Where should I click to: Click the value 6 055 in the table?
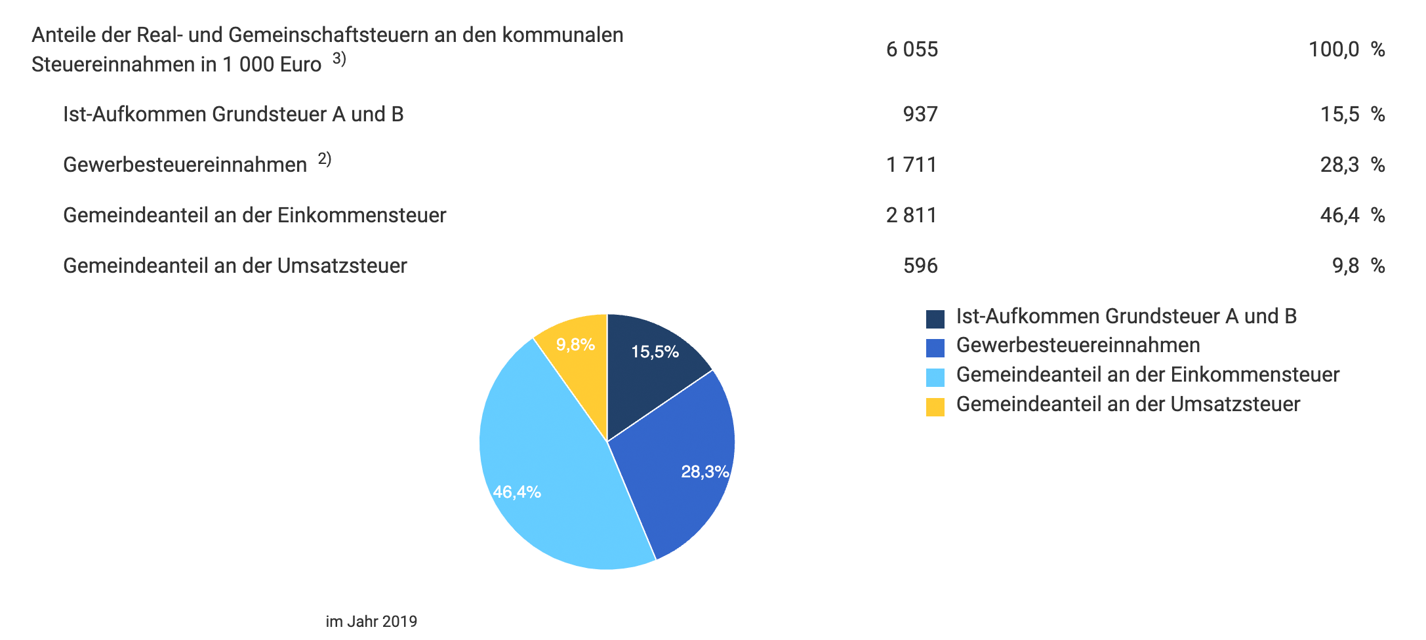pyautogui.click(x=912, y=50)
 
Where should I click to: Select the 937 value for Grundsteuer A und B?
pyautogui.click(x=920, y=114)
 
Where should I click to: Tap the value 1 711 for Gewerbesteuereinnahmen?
pyautogui.click(x=912, y=165)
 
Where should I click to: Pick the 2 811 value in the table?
pyautogui.click(x=912, y=215)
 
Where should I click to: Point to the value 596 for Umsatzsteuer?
pyautogui.click(x=920, y=266)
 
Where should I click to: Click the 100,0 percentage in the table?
pyautogui.click(x=1334, y=50)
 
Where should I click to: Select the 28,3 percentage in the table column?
pyautogui.click(x=1339, y=165)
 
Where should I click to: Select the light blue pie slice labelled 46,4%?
pyautogui.click(x=551, y=472)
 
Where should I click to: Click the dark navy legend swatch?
pyautogui.click(x=935, y=319)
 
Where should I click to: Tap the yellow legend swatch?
pyautogui.click(x=935, y=407)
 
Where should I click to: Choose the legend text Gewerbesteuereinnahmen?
pyautogui.click(x=1078, y=346)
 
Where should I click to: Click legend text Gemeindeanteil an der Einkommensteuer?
pyautogui.click(x=1147, y=375)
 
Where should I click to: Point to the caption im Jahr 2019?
pyautogui.click(x=371, y=622)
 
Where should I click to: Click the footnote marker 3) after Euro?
pyautogui.click(x=339, y=59)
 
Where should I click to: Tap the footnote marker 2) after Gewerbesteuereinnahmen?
pyautogui.click(x=325, y=159)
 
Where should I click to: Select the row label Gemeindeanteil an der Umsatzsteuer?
pyautogui.click(x=235, y=266)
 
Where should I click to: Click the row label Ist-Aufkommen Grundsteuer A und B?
pyautogui.click(x=233, y=114)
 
